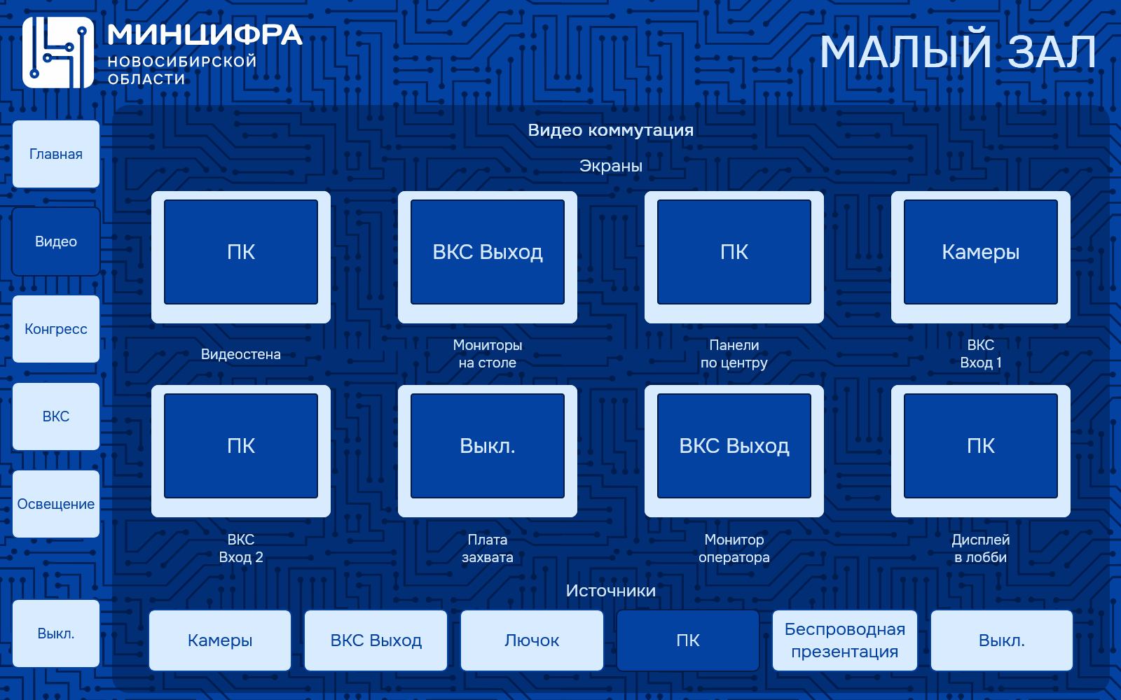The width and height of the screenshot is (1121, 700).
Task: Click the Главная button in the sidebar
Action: (x=56, y=154)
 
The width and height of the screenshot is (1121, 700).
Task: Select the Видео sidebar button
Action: (x=56, y=241)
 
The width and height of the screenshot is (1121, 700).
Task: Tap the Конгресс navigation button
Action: (x=56, y=329)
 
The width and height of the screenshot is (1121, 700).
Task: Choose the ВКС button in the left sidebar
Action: (x=56, y=416)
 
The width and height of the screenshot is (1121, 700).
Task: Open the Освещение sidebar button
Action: (x=56, y=504)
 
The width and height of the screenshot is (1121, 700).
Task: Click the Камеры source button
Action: (x=220, y=640)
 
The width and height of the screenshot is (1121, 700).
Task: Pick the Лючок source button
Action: (x=532, y=640)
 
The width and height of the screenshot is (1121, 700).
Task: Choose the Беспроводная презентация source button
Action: (x=845, y=640)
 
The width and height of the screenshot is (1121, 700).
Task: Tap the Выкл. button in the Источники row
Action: (x=1002, y=640)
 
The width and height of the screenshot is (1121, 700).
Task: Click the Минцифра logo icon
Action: (x=58, y=52)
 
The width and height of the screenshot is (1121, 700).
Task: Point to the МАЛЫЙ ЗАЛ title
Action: (x=958, y=52)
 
